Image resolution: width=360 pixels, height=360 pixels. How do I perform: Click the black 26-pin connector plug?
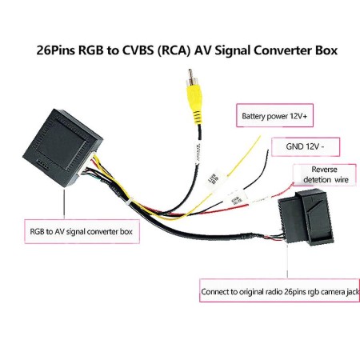point(304,218)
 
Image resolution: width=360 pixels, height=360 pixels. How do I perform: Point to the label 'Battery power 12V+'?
point(274,117)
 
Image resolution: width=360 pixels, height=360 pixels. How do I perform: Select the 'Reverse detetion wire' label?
point(324,174)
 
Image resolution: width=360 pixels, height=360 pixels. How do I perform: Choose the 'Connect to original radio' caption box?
point(274,290)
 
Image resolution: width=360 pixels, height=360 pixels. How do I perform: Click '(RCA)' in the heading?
point(170,50)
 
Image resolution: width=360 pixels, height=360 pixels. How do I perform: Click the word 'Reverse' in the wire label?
point(324,170)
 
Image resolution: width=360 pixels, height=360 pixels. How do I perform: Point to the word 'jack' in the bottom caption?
point(340,290)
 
